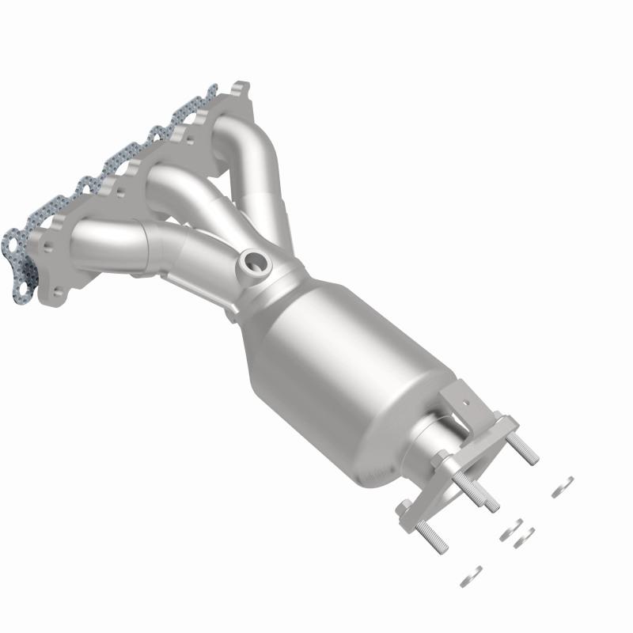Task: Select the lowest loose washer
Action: pos(472,575)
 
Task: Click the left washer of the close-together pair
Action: pos(509,530)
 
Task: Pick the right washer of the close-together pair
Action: pos(524,538)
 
